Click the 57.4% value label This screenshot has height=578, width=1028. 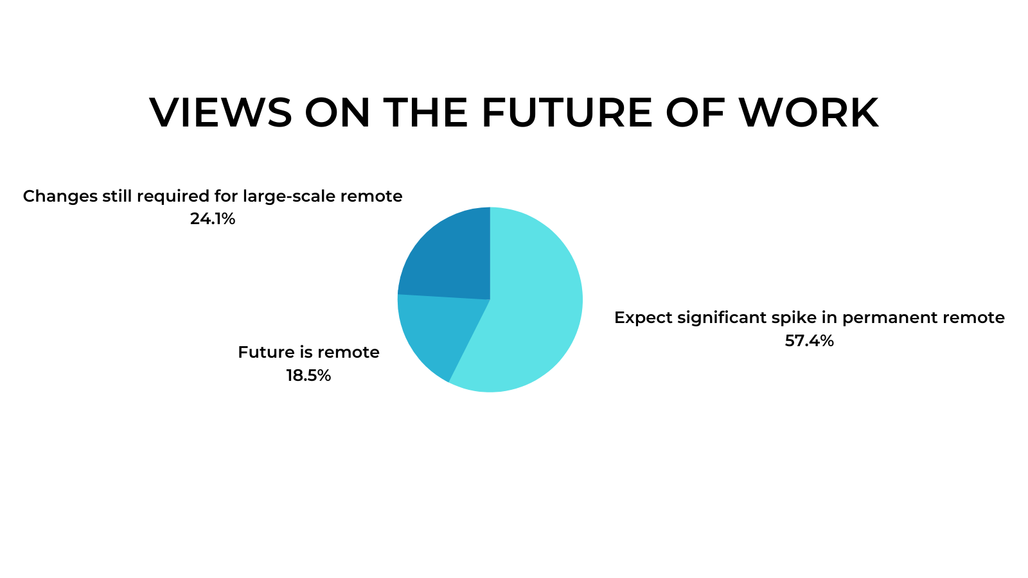pos(809,341)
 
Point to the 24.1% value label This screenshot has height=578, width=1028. pos(213,219)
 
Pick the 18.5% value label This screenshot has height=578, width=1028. pos(308,376)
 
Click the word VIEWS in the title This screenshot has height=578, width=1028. pos(221,112)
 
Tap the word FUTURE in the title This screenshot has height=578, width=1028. pos(567,112)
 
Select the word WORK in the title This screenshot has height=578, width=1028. pos(809,112)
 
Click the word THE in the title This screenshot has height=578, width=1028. pos(425,112)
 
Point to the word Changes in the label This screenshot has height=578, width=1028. pos(60,197)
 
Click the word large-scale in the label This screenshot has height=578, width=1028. pos(289,197)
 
